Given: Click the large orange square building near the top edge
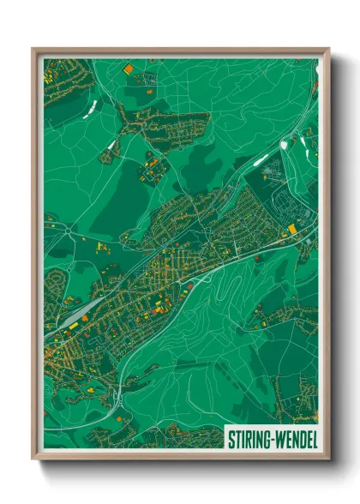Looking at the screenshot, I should tap(129, 68).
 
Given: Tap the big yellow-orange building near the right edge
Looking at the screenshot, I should tap(292, 229).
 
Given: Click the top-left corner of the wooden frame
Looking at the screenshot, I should tap(33, 49).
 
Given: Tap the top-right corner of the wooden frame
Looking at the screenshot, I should tap(328, 49).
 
